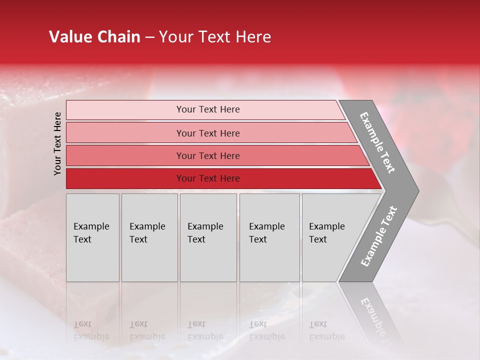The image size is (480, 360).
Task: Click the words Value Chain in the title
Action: [94, 37]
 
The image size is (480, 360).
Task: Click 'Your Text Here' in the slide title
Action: [215, 37]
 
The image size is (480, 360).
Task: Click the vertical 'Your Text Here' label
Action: [57, 144]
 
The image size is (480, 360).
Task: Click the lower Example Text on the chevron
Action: [379, 236]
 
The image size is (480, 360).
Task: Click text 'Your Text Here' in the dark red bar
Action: [208, 178]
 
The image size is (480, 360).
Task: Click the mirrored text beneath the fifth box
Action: [327, 330]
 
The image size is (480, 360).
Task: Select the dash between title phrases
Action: [149, 37]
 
